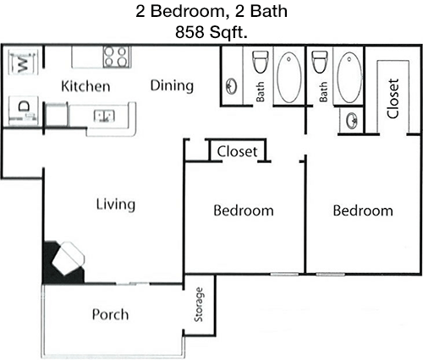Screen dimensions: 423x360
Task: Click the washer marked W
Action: (x=23, y=63)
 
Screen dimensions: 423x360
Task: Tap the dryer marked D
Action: (x=23, y=111)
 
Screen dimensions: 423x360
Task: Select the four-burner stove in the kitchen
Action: (x=118, y=57)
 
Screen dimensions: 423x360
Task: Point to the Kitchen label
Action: (x=85, y=86)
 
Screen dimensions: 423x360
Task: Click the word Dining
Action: (x=172, y=85)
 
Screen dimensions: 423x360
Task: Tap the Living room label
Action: (x=116, y=205)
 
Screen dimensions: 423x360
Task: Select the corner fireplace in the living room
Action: (x=63, y=262)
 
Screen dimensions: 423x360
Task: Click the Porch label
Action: (x=110, y=314)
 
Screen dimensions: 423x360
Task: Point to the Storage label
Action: (x=199, y=304)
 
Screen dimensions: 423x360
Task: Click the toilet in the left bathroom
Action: (x=260, y=62)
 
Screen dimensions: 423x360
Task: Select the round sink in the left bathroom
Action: (x=232, y=86)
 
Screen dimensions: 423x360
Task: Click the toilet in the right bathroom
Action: (x=319, y=62)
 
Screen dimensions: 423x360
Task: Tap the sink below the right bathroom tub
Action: (x=352, y=120)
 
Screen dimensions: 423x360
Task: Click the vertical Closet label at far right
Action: (x=393, y=99)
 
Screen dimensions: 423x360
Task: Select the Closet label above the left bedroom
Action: (x=237, y=151)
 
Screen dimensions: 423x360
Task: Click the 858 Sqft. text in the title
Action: (x=211, y=32)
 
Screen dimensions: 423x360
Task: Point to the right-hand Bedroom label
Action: (x=363, y=210)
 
